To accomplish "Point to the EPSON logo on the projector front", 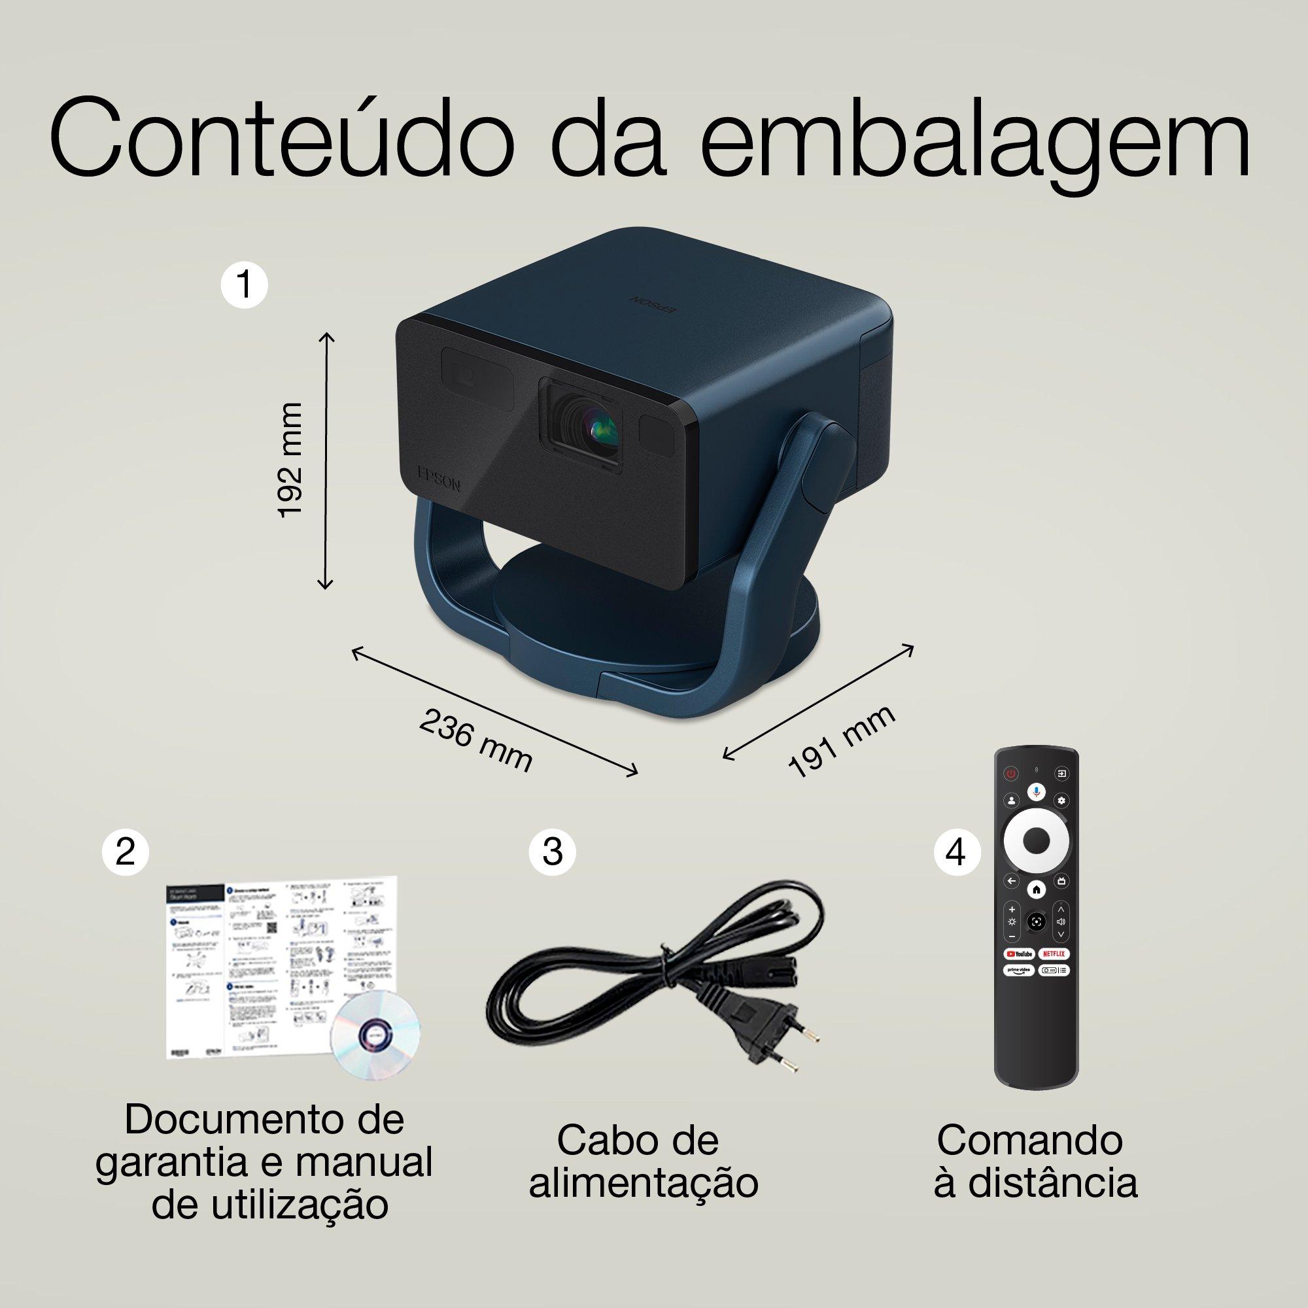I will click(439, 478).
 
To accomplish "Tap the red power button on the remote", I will click(1011, 772).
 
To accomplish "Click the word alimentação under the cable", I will click(642, 1184).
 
